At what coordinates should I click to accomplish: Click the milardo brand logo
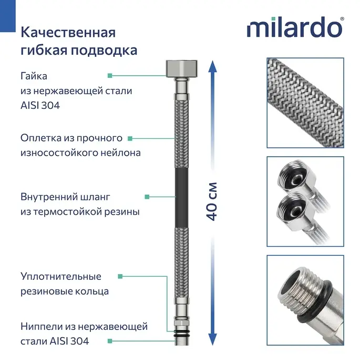pos(295,27)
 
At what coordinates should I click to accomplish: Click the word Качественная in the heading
pos(68,33)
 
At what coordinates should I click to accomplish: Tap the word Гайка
pos(34,76)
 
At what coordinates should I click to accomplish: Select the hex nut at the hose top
pos(182,68)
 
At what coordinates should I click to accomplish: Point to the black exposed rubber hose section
pos(182,198)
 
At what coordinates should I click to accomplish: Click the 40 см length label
pos(212,202)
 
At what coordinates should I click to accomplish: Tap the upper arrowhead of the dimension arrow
pos(212,67)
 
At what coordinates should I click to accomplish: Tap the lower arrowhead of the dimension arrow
pos(212,339)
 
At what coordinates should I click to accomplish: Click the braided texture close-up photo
pos(305,103)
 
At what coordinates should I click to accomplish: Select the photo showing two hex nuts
pos(305,202)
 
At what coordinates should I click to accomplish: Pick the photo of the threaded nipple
pos(305,300)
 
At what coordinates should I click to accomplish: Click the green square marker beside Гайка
pos(110,75)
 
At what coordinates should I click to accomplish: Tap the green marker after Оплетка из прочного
pos(130,138)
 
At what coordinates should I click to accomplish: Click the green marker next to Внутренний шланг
pos(147,197)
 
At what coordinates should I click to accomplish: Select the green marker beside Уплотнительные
pos(120,276)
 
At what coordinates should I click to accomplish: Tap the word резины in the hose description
pos(122,212)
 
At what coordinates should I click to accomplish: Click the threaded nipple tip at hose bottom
pos(182,341)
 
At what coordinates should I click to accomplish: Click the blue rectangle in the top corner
pos(7,16)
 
